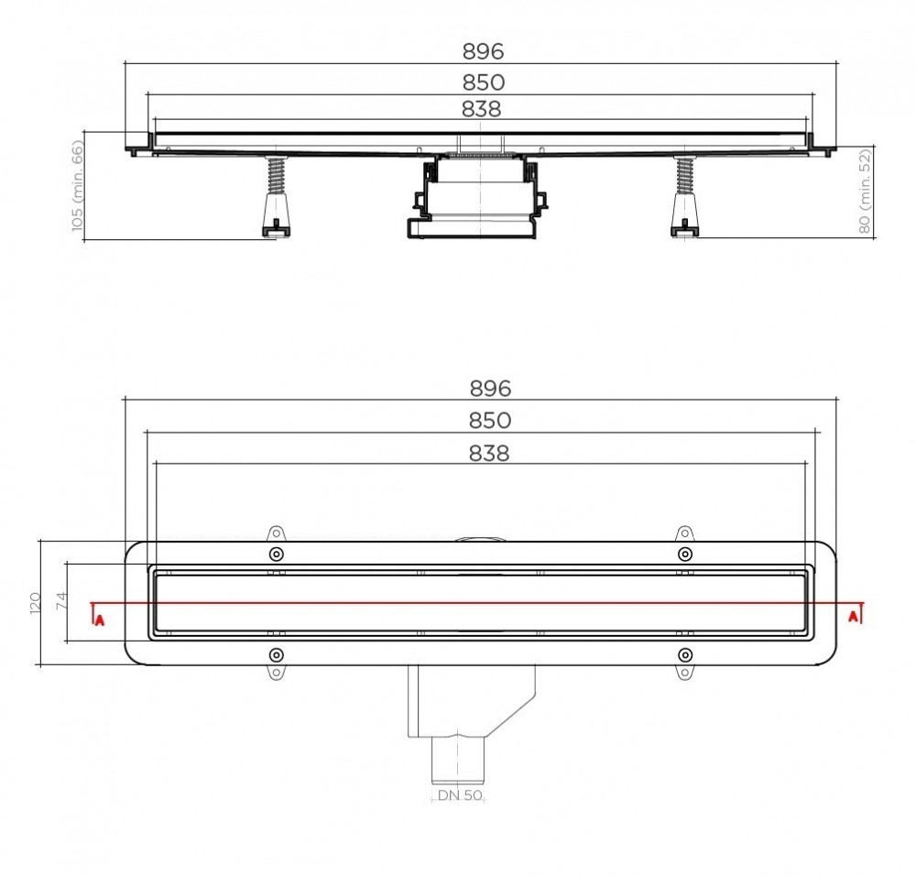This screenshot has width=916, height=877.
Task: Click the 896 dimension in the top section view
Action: click(484, 51)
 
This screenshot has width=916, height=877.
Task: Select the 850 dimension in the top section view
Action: click(484, 82)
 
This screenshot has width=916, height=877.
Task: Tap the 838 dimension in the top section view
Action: click(482, 109)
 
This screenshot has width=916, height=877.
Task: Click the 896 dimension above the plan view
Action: click(490, 388)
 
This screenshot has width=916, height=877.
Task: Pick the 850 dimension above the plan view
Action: click(490, 421)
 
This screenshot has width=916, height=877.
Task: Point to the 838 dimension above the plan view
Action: click(489, 453)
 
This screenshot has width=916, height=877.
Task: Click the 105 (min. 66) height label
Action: click(77, 185)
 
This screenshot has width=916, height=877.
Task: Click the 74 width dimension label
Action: click(61, 602)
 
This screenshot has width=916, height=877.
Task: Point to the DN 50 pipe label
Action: click(460, 795)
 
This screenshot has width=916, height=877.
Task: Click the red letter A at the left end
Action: click(99, 619)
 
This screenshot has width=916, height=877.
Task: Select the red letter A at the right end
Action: click(854, 615)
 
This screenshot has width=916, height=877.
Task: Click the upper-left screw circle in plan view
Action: click(276, 554)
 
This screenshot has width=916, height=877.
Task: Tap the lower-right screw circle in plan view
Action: click(684, 654)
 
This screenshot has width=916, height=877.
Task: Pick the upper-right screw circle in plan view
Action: click(684, 554)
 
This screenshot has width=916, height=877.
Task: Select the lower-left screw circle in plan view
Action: click(276, 654)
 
